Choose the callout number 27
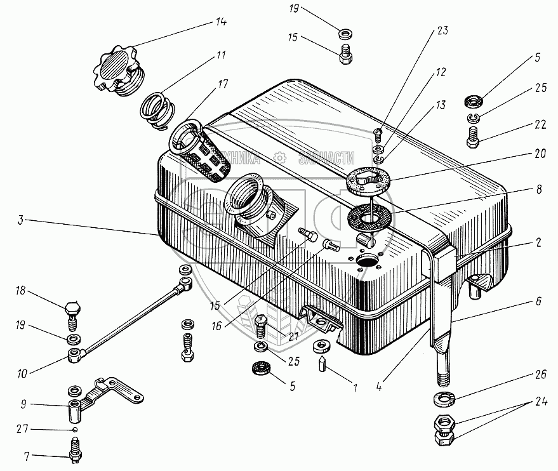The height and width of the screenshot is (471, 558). [22, 430]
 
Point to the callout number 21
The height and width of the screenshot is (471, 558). [293, 336]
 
